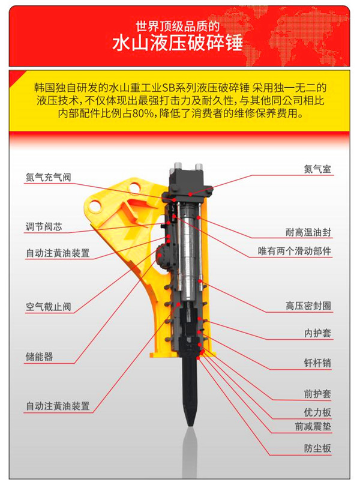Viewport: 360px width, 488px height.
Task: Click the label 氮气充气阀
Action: (x=48, y=178)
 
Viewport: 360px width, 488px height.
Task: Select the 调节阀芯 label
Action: (x=44, y=226)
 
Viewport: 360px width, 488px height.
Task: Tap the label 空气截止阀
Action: (x=48, y=307)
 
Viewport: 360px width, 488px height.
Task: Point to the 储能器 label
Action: (x=39, y=357)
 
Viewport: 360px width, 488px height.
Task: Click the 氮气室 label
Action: (x=317, y=169)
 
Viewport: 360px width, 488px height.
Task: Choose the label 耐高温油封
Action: (x=308, y=232)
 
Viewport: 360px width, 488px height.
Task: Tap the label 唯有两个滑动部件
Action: (x=295, y=251)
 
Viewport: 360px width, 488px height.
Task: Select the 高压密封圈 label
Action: (x=308, y=306)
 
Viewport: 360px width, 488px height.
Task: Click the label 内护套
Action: (x=317, y=333)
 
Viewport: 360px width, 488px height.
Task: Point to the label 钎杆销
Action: (x=317, y=363)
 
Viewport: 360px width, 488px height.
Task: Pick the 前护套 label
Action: (x=317, y=394)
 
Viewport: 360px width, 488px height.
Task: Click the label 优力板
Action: (x=317, y=412)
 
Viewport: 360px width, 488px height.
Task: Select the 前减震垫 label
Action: (x=313, y=426)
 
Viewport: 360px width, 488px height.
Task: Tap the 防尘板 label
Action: (x=317, y=448)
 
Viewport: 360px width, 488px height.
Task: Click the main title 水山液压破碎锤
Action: (x=178, y=43)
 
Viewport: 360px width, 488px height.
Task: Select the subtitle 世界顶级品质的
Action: (x=178, y=26)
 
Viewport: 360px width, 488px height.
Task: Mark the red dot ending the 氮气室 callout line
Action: (x=190, y=194)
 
